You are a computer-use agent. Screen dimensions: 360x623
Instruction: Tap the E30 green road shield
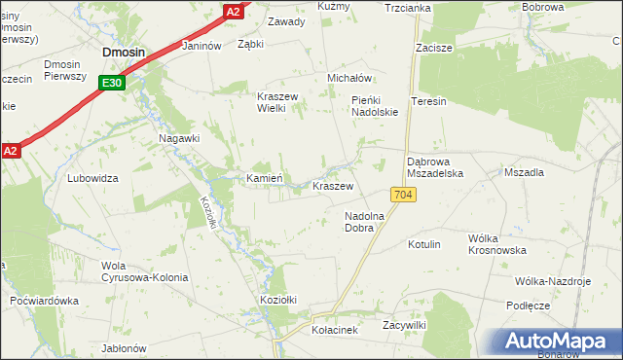pos(112,84)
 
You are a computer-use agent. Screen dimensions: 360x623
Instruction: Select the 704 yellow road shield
pos(406,196)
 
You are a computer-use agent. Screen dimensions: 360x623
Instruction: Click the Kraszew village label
pos(332,185)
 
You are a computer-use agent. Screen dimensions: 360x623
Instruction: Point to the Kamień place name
pos(264,178)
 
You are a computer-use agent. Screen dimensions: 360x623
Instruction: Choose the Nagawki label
pos(179,138)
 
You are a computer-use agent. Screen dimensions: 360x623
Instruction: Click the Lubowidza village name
pos(92,178)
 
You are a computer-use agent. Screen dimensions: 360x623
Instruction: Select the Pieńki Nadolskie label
pos(376,106)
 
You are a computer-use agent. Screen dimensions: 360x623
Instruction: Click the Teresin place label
pos(428,101)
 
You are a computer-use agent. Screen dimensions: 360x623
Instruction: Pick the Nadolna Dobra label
pos(365,222)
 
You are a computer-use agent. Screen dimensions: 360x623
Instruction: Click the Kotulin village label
pos(424,244)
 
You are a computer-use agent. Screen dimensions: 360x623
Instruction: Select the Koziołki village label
pos(277,300)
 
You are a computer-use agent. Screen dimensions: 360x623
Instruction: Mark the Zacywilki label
pos(406,324)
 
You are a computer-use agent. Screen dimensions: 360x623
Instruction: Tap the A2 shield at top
pos(233,11)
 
